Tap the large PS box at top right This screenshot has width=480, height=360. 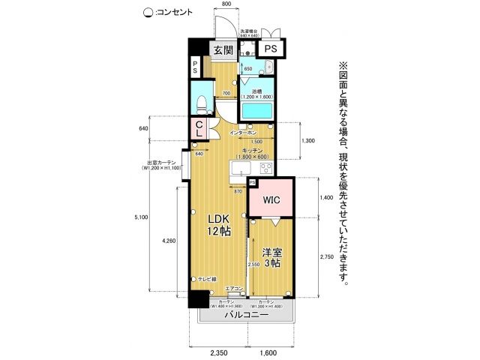pos(271,49)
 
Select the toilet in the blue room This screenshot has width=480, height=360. pos(201,100)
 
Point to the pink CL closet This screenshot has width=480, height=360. pos(199,129)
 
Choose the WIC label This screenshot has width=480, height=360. pos(271,201)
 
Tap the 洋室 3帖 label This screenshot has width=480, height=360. pos(270,257)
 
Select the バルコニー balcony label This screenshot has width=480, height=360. pos(246,314)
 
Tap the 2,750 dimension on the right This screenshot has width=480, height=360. pos(326,257)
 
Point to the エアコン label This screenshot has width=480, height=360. pos(233,288)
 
